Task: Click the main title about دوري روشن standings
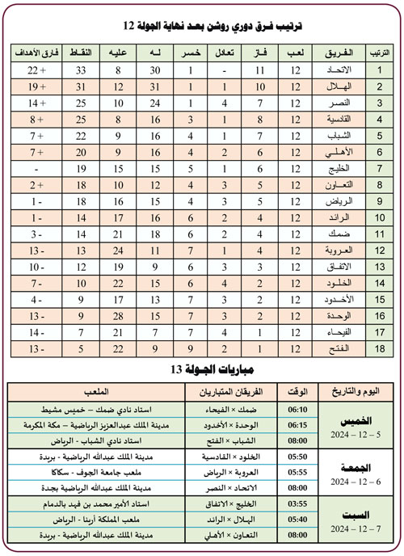pyautogui.click(x=201, y=24)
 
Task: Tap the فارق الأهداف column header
pyautogui.click(x=35, y=53)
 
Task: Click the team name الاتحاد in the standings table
pyautogui.click(x=334, y=70)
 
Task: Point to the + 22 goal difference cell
pyautogui.click(x=35, y=70)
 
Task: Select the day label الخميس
pyautogui.click(x=359, y=420)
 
